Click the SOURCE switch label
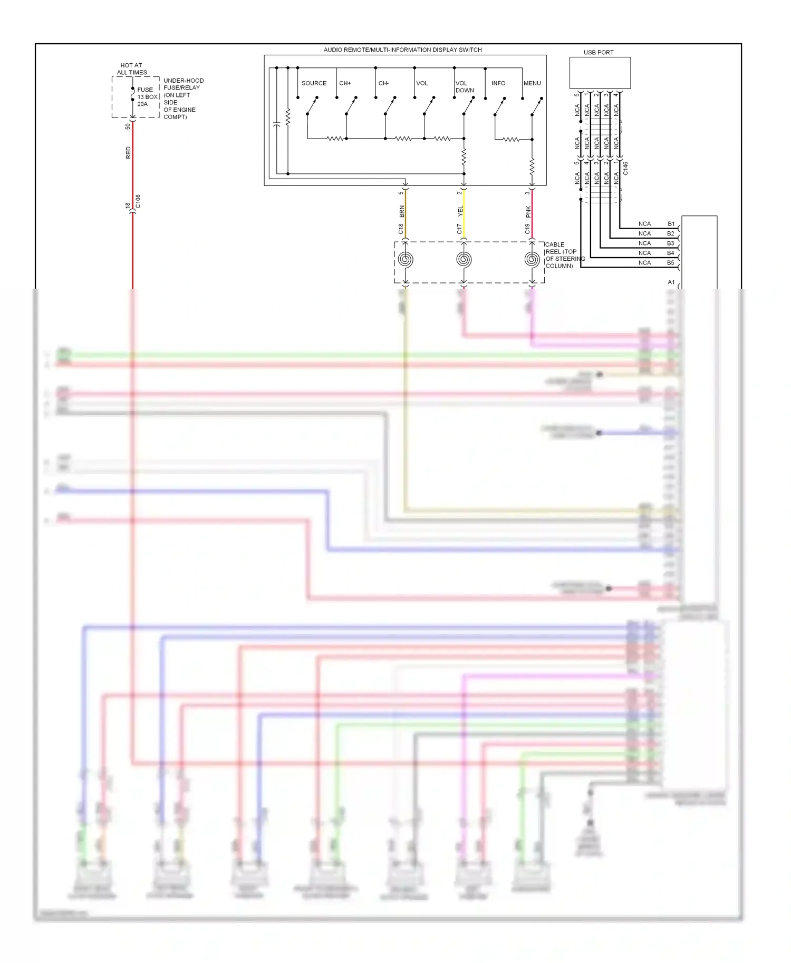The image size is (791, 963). point(314,83)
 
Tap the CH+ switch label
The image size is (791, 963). point(345,83)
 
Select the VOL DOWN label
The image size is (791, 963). point(464,87)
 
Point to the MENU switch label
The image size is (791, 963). point(532,83)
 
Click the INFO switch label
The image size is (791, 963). point(498,83)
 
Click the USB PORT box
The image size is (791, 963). point(600,73)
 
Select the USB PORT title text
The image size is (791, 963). point(599,53)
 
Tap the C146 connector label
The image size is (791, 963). point(625,168)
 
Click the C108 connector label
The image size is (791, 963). point(138,201)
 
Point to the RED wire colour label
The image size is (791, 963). point(128,153)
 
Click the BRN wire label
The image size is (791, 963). point(402,212)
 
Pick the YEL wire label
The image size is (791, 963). point(460,212)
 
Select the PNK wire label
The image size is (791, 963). point(528,212)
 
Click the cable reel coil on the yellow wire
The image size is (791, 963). point(464,260)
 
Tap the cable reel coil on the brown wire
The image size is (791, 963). point(406,260)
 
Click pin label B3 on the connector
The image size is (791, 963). point(671,243)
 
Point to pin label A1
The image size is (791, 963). point(671,282)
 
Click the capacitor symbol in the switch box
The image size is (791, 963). point(276,124)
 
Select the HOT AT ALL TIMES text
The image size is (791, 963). point(131,69)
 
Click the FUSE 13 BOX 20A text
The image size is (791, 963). point(147,97)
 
